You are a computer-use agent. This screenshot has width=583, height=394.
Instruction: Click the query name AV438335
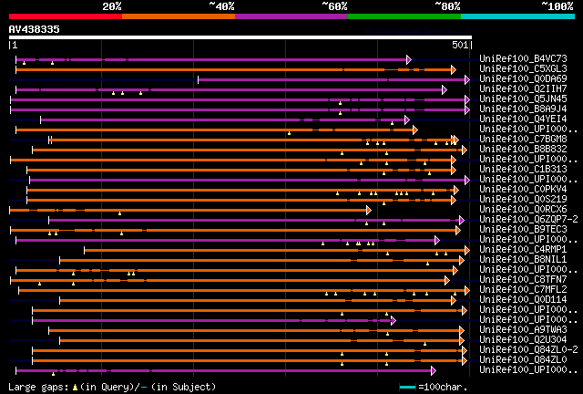35,29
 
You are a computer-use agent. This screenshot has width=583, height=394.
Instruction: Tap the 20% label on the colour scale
112,5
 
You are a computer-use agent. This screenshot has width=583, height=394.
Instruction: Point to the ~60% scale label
334,5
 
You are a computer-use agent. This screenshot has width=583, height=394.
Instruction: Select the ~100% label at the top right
557,5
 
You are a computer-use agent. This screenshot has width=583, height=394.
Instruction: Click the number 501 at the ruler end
459,44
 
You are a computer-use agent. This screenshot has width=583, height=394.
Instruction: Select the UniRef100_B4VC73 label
523,59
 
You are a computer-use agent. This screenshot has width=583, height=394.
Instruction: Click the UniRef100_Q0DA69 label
523,79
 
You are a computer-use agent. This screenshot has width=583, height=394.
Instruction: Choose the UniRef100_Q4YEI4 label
523,119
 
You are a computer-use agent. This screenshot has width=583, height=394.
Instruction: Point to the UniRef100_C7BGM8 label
523,140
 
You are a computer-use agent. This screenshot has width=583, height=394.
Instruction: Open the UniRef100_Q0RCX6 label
523,210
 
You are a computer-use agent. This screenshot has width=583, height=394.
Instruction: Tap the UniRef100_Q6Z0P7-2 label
528,220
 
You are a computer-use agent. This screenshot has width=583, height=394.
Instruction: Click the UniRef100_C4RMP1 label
523,249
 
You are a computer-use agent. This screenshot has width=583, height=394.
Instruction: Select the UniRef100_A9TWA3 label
523,329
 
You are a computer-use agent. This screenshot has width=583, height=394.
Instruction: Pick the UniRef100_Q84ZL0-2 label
528,349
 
